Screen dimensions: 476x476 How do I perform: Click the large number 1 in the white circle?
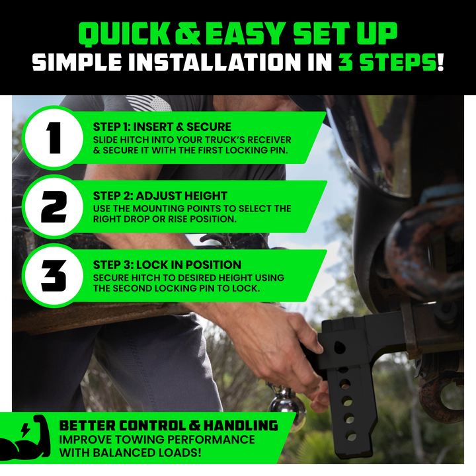(x=54, y=138)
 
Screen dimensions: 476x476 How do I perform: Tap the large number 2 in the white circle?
(x=54, y=207)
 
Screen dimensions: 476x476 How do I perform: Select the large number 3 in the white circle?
(x=54, y=276)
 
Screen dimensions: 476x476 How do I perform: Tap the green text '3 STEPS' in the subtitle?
(x=387, y=62)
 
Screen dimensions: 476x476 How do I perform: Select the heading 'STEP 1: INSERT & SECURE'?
(x=162, y=127)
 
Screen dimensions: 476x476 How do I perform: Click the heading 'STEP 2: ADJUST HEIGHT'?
(x=160, y=196)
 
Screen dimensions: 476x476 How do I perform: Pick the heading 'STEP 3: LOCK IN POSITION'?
(x=167, y=264)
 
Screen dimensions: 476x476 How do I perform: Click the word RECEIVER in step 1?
(x=269, y=140)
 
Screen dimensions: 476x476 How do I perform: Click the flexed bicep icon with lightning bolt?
(x=26, y=437)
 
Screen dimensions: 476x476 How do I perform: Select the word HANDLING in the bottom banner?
(x=241, y=426)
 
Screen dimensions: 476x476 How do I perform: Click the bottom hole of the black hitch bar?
(x=351, y=436)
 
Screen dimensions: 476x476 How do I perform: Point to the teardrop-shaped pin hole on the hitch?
(x=340, y=347)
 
